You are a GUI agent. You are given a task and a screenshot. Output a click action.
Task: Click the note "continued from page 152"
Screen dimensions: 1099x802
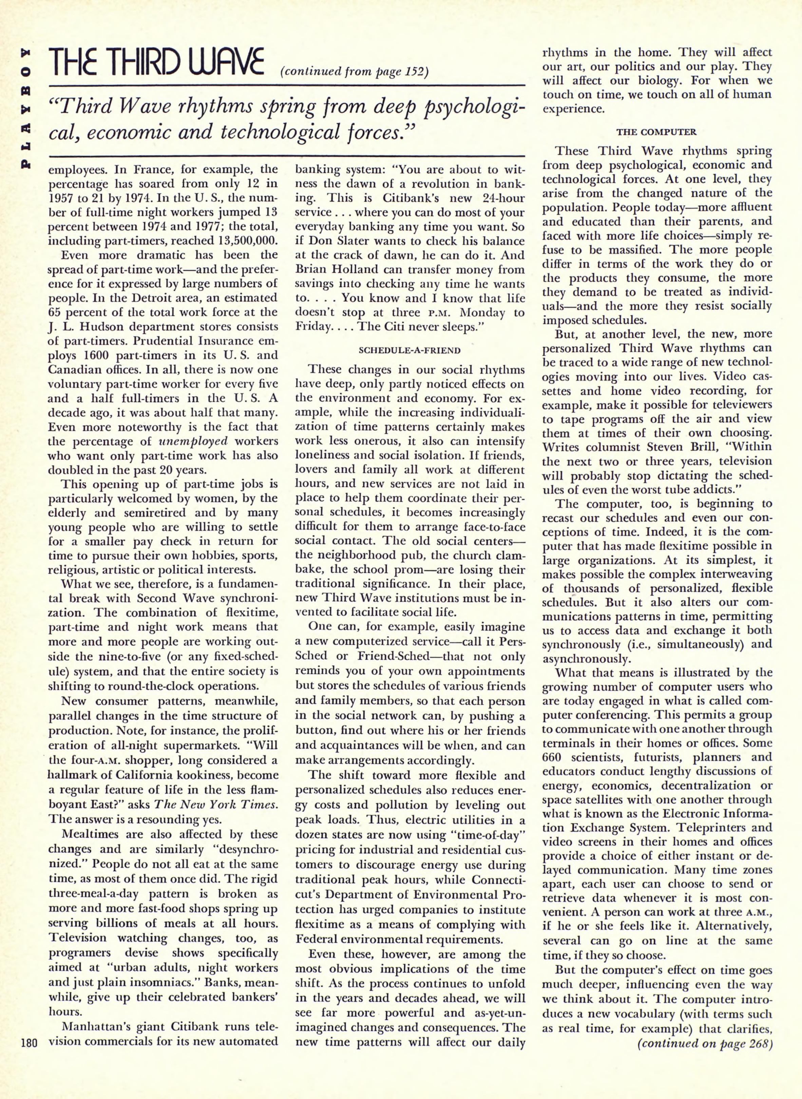(355, 72)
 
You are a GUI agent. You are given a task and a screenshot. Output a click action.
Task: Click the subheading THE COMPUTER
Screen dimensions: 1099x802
(656, 132)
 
